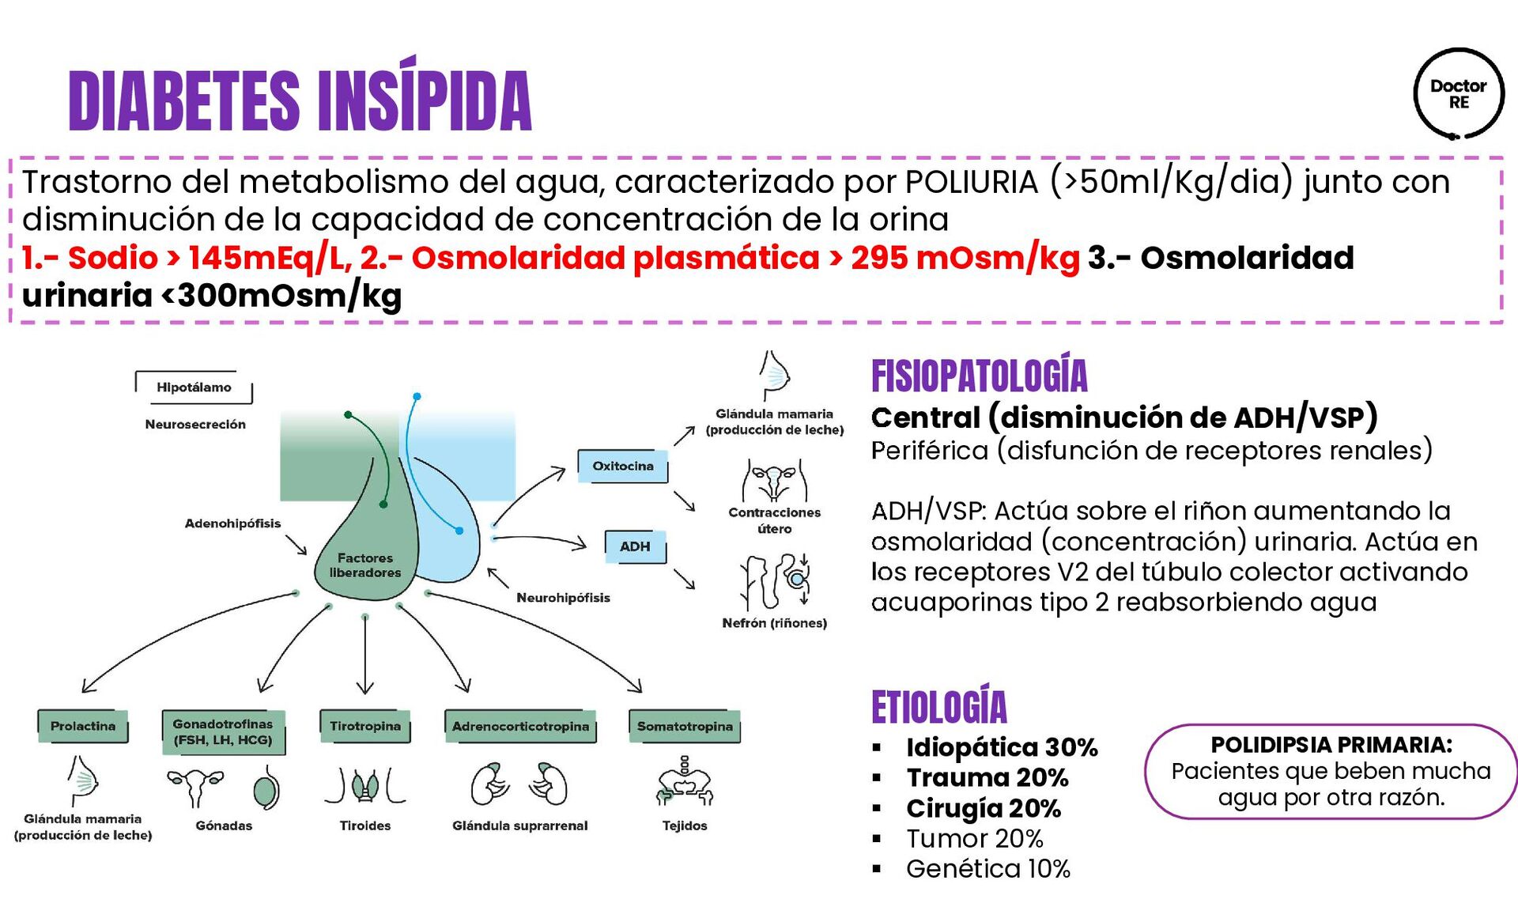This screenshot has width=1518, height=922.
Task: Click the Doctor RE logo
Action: (x=1458, y=94)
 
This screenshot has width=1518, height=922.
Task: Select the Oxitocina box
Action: (x=623, y=466)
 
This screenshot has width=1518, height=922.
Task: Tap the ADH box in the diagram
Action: (x=635, y=546)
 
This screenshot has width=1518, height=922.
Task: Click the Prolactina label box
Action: (x=83, y=726)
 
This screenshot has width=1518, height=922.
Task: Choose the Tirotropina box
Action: (x=365, y=726)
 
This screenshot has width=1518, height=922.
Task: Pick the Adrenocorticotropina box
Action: (x=520, y=726)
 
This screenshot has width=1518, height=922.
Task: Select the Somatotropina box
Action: (x=685, y=726)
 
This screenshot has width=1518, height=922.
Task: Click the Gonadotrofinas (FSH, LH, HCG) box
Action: (x=223, y=731)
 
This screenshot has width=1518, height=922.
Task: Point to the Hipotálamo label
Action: (x=194, y=387)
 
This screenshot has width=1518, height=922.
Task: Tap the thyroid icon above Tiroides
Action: (x=365, y=785)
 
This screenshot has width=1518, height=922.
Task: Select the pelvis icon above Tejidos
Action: (x=685, y=782)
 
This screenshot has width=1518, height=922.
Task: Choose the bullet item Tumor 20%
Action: (x=974, y=838)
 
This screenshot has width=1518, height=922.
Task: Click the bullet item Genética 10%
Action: (x=987, y=869)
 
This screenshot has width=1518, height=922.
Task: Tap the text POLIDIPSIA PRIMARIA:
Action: (x=1331, y=745)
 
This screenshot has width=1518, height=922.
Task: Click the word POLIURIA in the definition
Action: (x=972, y=182)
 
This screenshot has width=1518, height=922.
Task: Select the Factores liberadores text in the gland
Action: (x=365, y=565)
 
